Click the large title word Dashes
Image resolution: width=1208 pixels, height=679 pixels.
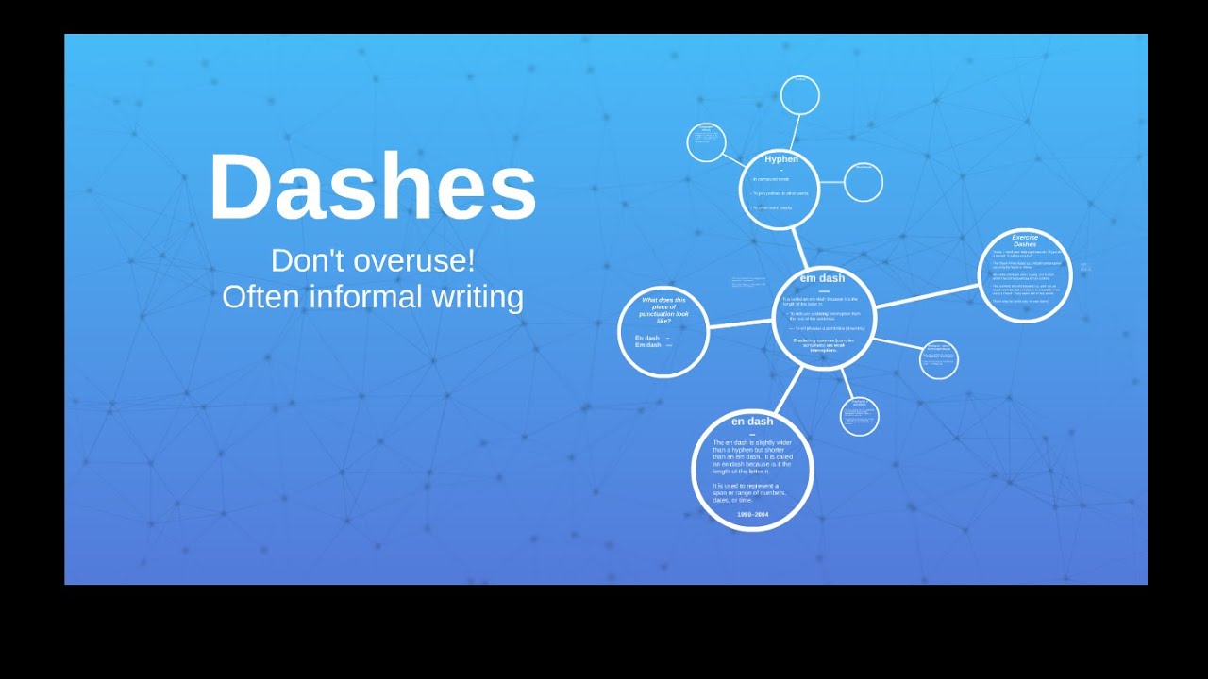(372, 188)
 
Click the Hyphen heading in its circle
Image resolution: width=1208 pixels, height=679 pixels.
(780, 159)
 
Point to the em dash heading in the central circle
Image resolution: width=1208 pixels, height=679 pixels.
(822, 278)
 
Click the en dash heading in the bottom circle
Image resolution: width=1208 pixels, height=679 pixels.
(752, 422)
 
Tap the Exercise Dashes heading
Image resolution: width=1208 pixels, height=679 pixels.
(1025, 240)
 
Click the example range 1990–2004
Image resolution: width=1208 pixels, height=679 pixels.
(752, 514)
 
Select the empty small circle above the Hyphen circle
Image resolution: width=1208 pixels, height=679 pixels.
(800, 95)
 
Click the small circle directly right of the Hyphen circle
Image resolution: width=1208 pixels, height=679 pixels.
(863, 182)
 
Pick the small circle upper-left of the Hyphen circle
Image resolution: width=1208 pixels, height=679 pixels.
(706, 142)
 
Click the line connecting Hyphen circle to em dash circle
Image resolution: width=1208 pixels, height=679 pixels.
(799, 248)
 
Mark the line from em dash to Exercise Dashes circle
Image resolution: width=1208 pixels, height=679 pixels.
(927, 299)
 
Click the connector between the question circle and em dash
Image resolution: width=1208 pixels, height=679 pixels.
(740, 324)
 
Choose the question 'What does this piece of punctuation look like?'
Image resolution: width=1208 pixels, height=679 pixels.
(664, 310)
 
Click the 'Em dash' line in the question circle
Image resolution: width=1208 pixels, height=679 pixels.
(648, 345)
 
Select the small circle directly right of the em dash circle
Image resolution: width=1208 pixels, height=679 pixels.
(938, 359)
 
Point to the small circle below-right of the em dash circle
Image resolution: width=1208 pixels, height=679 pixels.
(859, 416)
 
